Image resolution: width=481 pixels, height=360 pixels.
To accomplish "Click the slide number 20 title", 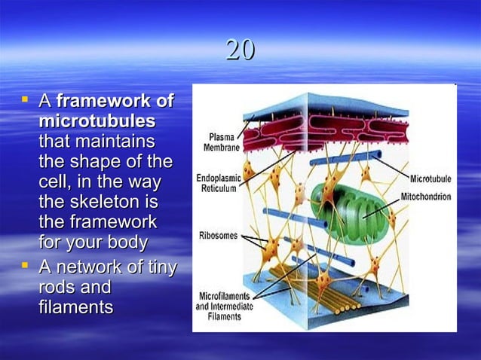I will click(240, 51).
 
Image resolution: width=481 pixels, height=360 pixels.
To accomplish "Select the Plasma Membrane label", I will click(220, 142).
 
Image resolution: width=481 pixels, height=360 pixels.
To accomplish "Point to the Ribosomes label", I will click(218, 236).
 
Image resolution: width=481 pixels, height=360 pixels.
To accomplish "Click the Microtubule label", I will click(430, 179).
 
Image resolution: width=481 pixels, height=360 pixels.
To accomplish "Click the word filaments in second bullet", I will click(76, 307).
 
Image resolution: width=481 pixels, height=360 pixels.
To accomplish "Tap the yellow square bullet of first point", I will click(26, 99).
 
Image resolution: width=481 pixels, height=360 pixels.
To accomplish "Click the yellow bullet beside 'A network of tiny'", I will click(26, 264).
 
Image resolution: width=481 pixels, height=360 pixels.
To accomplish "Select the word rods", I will click(57, 287).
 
